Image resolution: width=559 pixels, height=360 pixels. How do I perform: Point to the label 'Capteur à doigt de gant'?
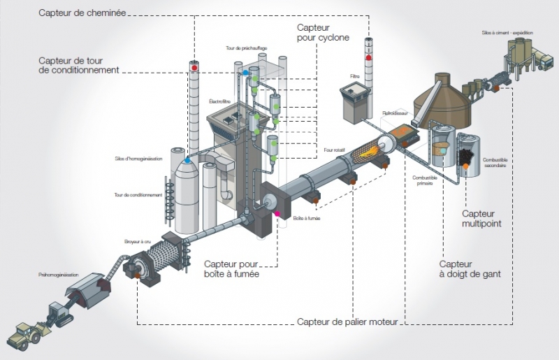470,269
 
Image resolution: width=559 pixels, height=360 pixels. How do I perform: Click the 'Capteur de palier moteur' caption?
347,322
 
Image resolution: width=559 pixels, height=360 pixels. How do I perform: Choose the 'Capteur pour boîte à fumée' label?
231,270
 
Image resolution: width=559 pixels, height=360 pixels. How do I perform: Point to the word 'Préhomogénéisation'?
59,275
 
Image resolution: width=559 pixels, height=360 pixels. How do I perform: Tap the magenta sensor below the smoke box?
277,213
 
